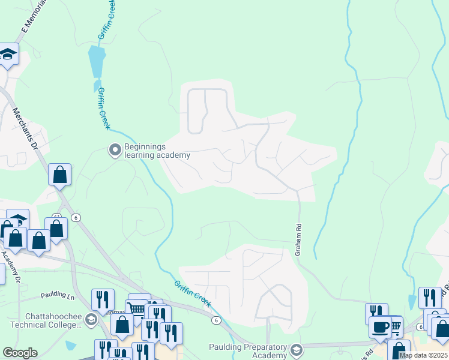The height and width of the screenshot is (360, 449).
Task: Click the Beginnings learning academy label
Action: click(157, 151)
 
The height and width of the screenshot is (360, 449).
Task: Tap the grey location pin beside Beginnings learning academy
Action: click(115, 149)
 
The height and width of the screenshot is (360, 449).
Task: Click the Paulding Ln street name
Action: click(58, 295)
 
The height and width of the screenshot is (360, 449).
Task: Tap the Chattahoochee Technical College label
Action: click(45, 320)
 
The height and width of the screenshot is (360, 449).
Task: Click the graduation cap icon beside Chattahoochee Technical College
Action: click(91, 319)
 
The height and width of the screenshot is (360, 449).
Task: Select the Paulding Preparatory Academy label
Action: click(248, 350)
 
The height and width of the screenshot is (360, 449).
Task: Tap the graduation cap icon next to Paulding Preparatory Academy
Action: click(296, 349)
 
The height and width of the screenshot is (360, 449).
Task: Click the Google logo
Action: click(20, 353)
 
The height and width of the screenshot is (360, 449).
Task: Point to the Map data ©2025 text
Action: click(423, 355)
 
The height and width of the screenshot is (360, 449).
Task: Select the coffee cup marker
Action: click(381, 328)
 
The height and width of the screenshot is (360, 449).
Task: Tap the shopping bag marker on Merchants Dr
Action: click(60, 175)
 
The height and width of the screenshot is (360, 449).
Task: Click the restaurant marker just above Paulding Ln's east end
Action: click(103, 299)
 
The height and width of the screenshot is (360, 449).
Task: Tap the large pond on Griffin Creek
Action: click(96, 61)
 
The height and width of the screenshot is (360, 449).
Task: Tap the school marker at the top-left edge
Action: click(8, 55)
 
